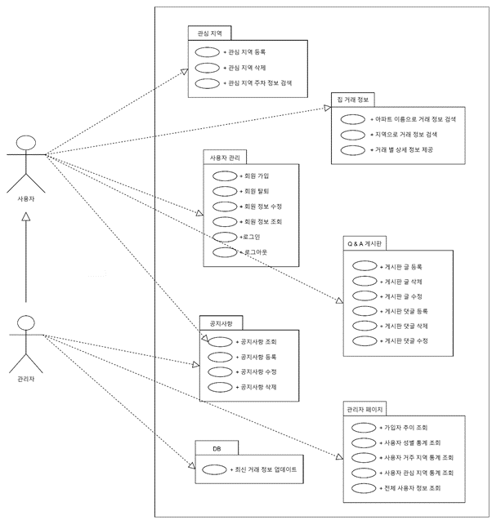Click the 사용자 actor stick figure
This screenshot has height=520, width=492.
tap(26, 160)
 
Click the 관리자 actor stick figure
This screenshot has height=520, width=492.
tap(26, 341)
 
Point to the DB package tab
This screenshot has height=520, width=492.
tap(217, 448)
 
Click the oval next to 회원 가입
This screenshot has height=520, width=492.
tap(223, 176)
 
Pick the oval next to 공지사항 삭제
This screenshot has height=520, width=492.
tap(221, 387)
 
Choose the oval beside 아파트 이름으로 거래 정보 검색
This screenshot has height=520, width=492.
tap(353, 119)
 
